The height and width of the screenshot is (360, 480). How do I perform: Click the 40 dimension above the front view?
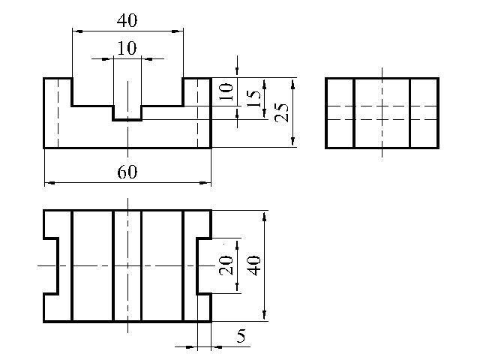[127, 20]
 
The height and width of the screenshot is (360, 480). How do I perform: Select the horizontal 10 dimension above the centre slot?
[127, 49]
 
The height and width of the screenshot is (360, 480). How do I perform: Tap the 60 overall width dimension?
[127, 172]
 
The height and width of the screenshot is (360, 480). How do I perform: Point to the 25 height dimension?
[281, 112]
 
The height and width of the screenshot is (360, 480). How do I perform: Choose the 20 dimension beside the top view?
[226, 265]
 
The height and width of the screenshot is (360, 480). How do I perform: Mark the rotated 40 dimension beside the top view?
[254, 265]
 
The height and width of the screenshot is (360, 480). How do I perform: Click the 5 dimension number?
[241, 336]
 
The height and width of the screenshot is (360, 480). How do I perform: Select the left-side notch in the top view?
[51, 265]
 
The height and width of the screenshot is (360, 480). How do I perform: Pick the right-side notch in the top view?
[204, 265]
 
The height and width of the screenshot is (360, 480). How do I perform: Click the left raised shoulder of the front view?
[58, 112]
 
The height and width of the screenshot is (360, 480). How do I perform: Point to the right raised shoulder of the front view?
[196, 112]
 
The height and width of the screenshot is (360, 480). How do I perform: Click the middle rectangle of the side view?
[382, 112]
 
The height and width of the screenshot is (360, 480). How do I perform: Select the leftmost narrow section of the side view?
[340, 112]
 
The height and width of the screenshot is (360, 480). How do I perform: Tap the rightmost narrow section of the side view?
[424, 112]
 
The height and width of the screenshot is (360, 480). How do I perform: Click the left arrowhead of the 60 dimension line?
[48, 182]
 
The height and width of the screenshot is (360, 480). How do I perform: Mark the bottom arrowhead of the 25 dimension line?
[293, 143]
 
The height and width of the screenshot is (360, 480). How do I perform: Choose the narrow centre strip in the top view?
[127, 265]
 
